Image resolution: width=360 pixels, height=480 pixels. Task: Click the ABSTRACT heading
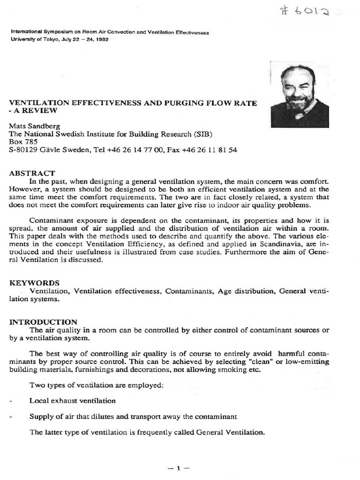(32, 173)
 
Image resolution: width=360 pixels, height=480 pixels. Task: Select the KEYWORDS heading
(34, 283)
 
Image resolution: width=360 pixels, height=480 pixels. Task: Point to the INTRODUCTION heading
(43, 322)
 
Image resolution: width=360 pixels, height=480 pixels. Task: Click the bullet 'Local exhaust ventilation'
(72, 401)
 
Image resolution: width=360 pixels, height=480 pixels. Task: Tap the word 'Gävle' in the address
(56, 150)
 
